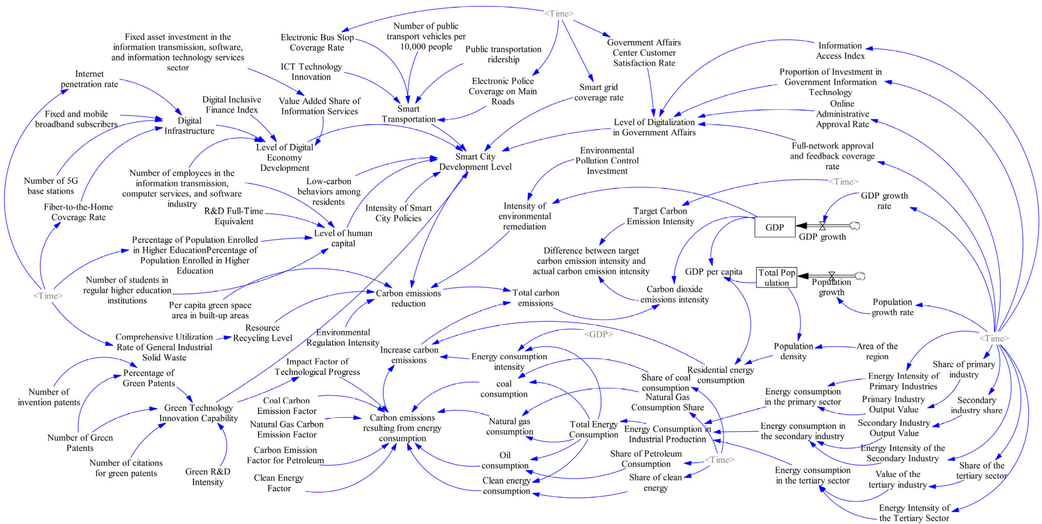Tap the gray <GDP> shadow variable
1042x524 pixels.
[598, 334]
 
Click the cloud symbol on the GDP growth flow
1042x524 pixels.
[855, 226]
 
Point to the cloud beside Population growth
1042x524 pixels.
[860, 276]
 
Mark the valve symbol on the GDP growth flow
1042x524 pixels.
[822, 226]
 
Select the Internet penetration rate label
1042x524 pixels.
[89, 79]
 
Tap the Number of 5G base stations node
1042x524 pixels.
[51, 186]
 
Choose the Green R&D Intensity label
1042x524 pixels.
[207, 477]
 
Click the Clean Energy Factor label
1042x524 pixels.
[279, 483]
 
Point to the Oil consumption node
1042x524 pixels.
[505, 460]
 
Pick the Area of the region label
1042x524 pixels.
[877, 351]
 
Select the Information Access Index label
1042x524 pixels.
[840, 51]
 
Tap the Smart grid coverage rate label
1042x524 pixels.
[599, 92]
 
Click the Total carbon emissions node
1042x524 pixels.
[536, 298]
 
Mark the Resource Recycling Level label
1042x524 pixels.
[262, 333]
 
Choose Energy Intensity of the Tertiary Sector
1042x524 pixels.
[914, 513]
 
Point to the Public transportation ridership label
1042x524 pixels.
[503, 54]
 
